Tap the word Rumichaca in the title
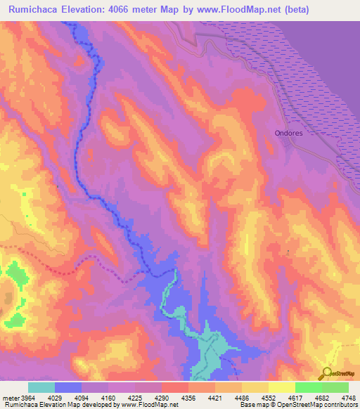[x=36, y=9]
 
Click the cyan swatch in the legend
[x=41, y=387]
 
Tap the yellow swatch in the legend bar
[x=281, y=387]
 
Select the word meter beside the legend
[x=10, y=398]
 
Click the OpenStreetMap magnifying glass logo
[x=327, y=373]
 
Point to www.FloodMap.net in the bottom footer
[x=147, y=405]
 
